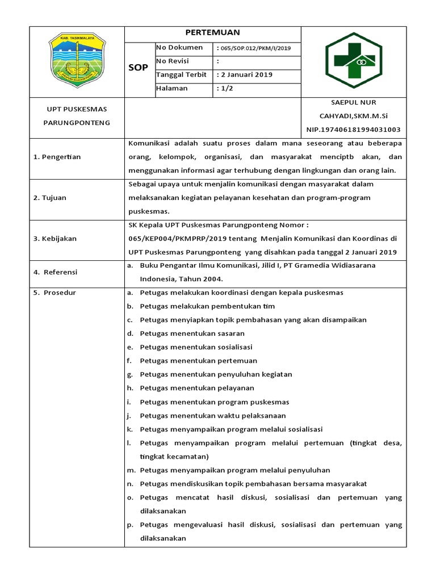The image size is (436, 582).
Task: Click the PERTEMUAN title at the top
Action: pos(213,33)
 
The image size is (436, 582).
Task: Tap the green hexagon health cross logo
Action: pos(354,61)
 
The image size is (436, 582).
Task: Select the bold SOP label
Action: pos(139,68)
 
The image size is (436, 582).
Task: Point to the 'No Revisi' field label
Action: pos(172,61)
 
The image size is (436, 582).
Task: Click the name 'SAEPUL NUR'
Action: pos(353,102)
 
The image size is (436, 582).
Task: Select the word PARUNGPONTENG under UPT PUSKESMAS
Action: pos(77,123)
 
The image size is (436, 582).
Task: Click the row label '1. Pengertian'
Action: pos(57,157)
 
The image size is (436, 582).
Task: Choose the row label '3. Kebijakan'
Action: pos(54,239)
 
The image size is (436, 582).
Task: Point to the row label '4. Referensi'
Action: pos(56,272)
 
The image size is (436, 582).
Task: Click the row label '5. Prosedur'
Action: pos(55,293)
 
